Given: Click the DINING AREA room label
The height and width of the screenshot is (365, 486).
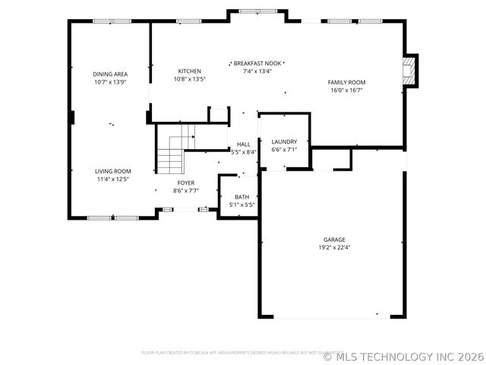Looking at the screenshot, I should click(109, 75).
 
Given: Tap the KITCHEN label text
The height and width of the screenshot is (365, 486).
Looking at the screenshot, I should click(190, 71).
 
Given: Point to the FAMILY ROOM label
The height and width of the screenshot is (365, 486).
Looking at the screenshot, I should click(346, 82).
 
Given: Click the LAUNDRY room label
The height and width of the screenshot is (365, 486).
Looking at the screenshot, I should click(284, 141).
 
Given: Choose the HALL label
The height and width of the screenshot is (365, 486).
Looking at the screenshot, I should click(244, 144).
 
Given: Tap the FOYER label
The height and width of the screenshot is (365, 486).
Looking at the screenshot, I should click(186, 183).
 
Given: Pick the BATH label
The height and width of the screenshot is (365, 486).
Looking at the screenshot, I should click(241, 197).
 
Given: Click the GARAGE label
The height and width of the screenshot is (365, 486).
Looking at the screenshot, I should click(334, 240).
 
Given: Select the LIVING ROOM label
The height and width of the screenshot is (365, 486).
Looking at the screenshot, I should click(113, 172).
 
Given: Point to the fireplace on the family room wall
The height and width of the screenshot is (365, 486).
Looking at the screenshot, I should click(410, 70).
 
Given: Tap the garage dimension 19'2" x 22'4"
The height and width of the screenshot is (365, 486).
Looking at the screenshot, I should click(334, 247).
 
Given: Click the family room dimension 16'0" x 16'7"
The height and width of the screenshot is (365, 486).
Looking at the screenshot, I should click(346, 90).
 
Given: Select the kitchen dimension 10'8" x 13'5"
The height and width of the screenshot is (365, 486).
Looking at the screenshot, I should click(190, 78).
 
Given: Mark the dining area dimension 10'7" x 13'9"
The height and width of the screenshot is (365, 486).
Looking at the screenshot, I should click(109, 82).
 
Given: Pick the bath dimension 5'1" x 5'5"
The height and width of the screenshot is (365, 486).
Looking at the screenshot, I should click(241, 205).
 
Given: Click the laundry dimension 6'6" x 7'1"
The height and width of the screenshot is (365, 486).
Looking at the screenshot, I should click(284, 149).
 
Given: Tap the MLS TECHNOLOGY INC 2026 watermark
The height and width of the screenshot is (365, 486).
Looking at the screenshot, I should click(403, 355).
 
